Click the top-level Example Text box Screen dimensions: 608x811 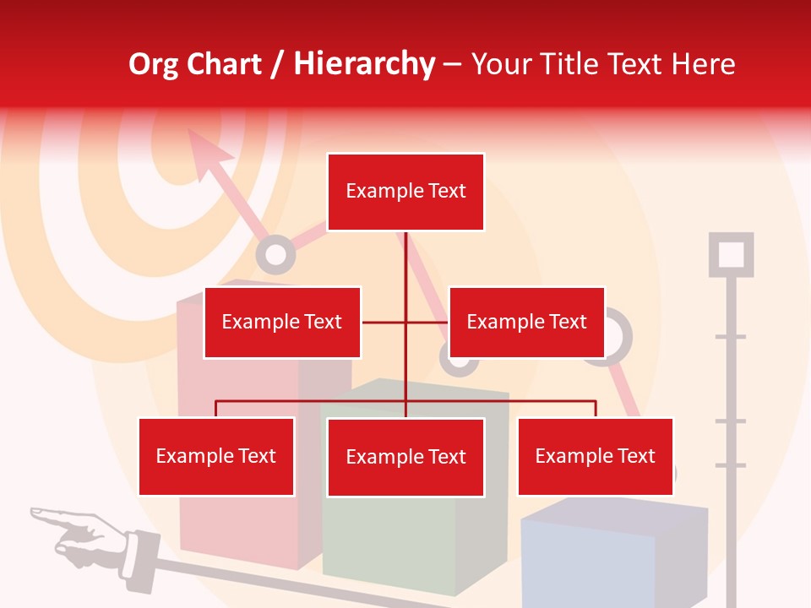[x=405, y=192]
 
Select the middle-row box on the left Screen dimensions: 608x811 [x=282, y=322]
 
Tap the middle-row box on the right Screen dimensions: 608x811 [x=526, y=322]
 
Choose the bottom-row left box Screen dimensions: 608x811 [x=216, y=456]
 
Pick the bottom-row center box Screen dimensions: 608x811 [x=405, y=457]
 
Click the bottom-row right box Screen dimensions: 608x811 [x=596, y=456]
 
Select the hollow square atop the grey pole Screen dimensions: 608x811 [x=731, y=254]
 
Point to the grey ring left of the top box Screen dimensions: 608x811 [x=275, y=253]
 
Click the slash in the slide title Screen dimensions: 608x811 [x=276, y=64]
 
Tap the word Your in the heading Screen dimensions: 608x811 [x=503, y=64]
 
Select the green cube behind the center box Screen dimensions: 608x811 [x=405, y=540]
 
